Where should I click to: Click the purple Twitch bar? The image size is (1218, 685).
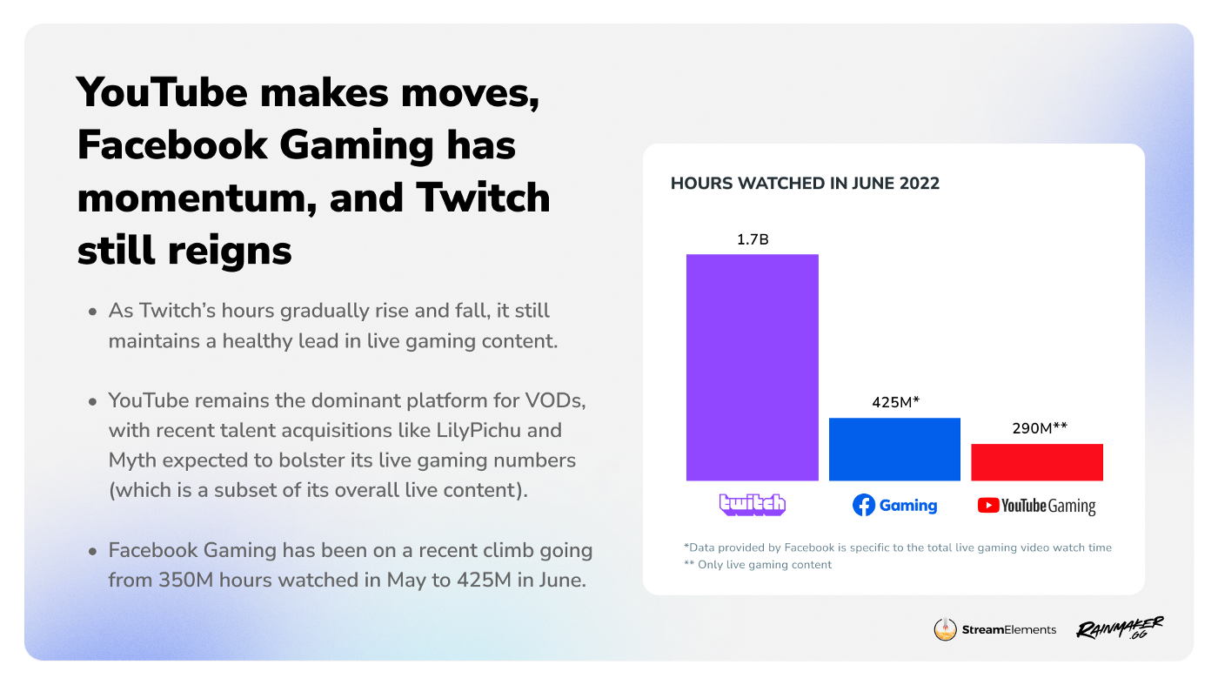tap(752, 366)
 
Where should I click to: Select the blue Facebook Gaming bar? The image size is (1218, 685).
tap(894, 449)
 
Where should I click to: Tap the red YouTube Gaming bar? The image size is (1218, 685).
tap(1036, 462)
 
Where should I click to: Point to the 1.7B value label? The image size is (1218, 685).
tap(753, 239)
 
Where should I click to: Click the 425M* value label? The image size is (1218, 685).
tap(895, 403)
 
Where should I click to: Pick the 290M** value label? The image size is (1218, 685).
tap(1037, 428)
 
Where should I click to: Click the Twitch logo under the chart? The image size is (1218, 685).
tap(752, 505)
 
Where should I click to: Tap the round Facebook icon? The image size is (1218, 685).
tap(863, 505)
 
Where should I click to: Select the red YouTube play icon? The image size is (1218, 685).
tap(987, 505)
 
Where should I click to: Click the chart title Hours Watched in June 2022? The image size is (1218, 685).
tap(805, 184)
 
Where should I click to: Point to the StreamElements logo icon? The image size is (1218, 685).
tap(945, 629)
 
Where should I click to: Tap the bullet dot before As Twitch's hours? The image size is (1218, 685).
tap(93, 312)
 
